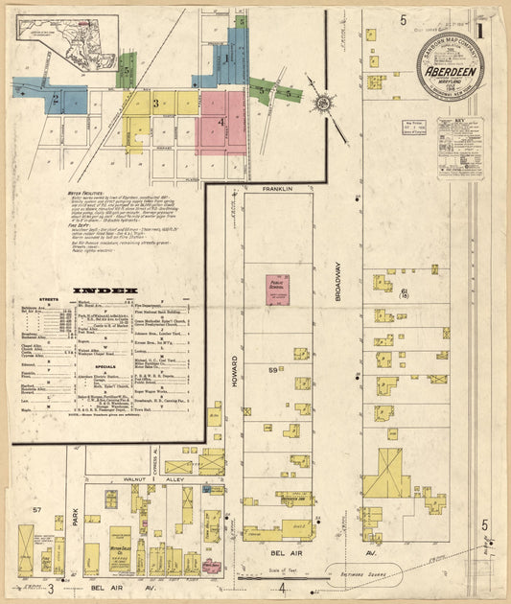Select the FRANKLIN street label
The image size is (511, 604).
276,190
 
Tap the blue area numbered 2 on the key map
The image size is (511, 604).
59,98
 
